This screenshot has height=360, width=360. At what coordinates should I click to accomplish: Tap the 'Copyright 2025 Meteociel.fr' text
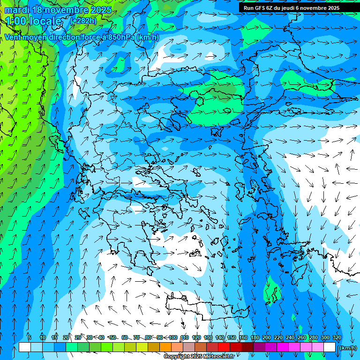click(199, 357)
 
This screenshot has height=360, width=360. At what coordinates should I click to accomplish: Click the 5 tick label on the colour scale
click(30, 337)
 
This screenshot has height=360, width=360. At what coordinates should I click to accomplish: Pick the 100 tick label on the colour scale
click(173, 337)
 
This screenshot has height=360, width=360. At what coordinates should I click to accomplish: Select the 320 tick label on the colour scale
click(337, 337)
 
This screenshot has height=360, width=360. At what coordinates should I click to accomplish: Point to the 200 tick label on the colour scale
click(267, 337)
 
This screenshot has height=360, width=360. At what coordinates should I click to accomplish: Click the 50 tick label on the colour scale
click(113, 337)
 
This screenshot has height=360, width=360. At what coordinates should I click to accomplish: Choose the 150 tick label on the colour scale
click(232, 337)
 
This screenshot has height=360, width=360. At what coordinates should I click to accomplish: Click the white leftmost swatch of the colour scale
click(25, 347)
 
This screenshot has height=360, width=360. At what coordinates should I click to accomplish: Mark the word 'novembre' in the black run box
click(315, 8)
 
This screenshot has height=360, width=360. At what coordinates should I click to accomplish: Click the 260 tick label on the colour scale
click(302, 337)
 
